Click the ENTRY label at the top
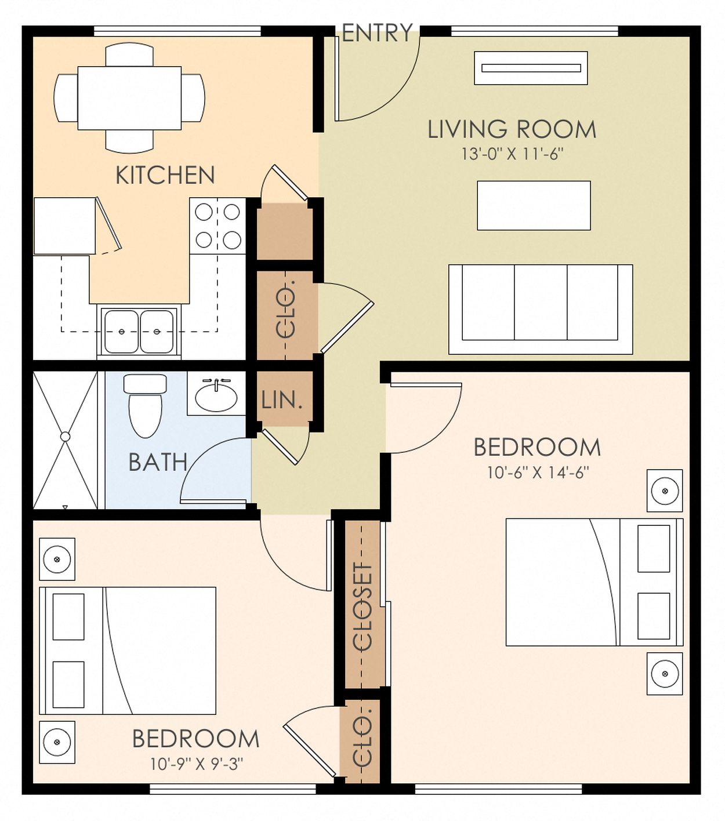coord(377,33)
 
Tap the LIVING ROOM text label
coord(512,129)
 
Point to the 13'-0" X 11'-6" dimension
coord(512,154)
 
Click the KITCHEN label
coord(165,175)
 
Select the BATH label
coord(158,462)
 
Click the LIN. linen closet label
coord(282,400)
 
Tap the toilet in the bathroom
coord(145,406)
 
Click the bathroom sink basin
coord(216,397)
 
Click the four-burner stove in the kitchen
coord(217,226)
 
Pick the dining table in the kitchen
coord(129,98)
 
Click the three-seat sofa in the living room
coord(540,309)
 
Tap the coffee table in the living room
coord(534,205)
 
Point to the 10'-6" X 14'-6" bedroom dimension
coord(538,473)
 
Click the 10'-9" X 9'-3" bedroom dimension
coord(196,764)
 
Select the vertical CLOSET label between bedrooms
coord(362,606)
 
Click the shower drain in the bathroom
coord(65,437)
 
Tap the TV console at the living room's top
coord(531,68)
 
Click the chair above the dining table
coord(129,55)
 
